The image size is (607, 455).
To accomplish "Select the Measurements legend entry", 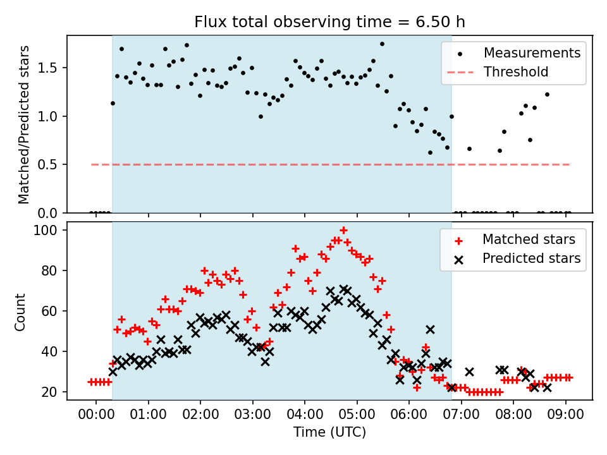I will coord(532,53).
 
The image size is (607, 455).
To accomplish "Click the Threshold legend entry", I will coord(516,72).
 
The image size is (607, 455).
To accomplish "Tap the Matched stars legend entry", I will coord(529,240).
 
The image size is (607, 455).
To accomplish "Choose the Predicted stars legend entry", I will coord(531,258).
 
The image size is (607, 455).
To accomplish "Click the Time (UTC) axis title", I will coord(329,433).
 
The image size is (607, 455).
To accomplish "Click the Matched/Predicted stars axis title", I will coord(24,124).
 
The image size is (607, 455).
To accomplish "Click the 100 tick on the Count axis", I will coord(50,230).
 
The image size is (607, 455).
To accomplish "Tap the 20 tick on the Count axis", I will coord(53,392).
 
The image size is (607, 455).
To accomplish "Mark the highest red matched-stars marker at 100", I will coord(343,231).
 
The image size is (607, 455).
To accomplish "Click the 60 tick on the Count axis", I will coord(53,312).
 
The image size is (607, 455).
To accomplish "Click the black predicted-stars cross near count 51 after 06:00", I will coord(430,329).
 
